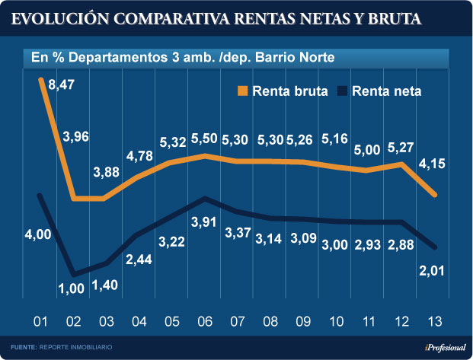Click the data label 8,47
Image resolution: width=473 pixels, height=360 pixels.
pyautogui.click(x=61, y=85)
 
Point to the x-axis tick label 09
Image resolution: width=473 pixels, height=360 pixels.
pyautogui.click(x=302, y=320)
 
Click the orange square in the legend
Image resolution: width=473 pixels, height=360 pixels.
pyautogui.click(x=243, y=92)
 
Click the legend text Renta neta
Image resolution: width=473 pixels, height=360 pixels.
pyautogui.click(x=387, y=92)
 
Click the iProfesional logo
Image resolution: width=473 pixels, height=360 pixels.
pyautogui.click(x=439, y=347)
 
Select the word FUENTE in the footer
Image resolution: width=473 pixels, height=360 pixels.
pyautogui.click(x=23, y=347)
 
